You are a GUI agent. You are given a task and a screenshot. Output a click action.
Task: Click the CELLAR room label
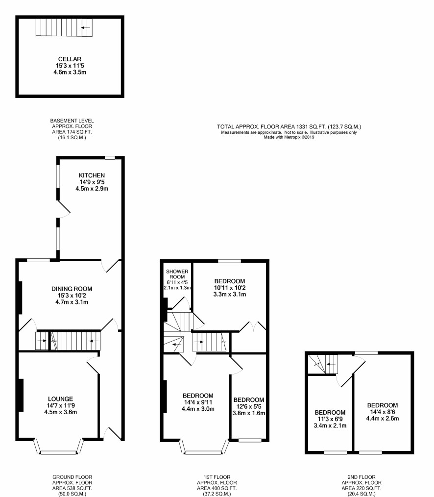(x=70, y=59)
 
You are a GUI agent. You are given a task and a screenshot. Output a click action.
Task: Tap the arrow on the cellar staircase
(x=85, y=28)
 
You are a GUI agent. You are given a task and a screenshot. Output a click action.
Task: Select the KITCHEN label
(x=92, y=175)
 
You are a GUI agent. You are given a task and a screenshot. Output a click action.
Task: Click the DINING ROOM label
(x=72, y=289)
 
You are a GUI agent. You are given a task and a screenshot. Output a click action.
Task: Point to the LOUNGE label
(x=61, y=399)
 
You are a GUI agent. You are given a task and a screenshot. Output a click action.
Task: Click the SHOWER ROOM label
(x=177, y=274)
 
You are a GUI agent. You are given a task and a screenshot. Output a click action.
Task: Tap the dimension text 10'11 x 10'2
(x=230, y=288)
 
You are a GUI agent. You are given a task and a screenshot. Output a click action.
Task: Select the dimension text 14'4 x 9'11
(x=198, y=402)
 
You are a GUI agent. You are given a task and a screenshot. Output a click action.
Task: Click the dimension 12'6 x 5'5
(x=249, y=407)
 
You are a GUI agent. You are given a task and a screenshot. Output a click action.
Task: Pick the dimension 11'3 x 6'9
(x=330, y=419)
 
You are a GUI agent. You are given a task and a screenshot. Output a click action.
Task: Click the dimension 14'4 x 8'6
(x=383, y=412)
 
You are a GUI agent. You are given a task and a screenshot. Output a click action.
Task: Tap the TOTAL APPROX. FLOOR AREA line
(x=289, y=126)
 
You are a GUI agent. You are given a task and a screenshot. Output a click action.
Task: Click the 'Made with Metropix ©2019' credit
(x=289, y=137)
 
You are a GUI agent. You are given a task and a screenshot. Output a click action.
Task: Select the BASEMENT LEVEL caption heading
(x=72, y=121)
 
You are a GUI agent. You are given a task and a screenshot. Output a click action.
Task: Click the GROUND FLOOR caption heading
(x=72, y=477)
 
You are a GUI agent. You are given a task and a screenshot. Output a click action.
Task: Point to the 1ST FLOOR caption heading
(x=217, y=477)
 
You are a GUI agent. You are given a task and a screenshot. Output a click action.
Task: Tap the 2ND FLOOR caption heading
(x=362, y=477)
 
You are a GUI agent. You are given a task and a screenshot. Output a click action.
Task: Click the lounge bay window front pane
(x=59, y=452)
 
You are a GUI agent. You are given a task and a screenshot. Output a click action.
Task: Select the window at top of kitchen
(x=110, y=157)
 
